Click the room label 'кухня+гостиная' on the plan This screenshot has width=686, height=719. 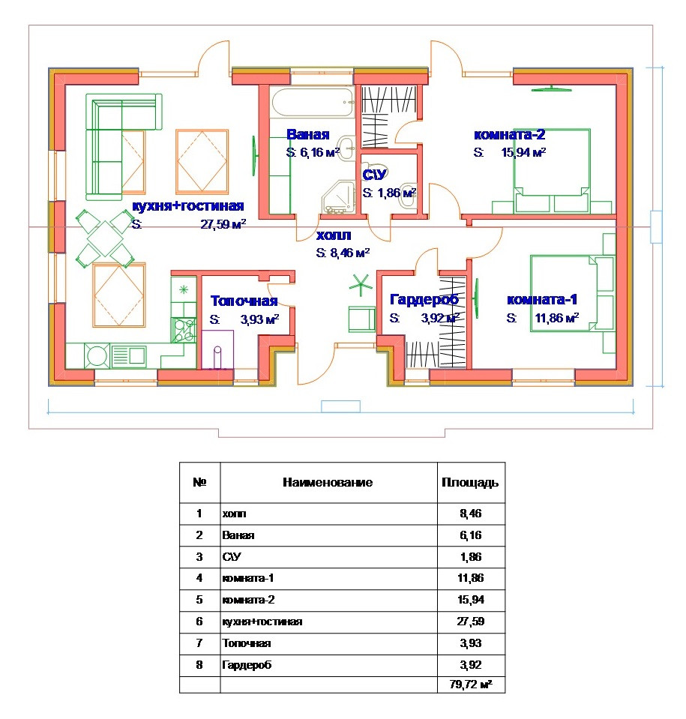pos(188,206)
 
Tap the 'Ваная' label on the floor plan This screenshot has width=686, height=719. pos(307,135)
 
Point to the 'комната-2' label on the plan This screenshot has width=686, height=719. pos(509,135)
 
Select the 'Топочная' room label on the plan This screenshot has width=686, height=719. pos(244,301)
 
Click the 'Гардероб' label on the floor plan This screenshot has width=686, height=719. pos(424,300)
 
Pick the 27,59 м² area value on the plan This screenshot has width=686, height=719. pos(223,224)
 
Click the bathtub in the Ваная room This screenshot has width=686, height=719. pos(312,102)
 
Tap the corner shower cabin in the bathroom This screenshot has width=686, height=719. pos(340,197)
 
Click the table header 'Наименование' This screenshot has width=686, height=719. pos(328,483)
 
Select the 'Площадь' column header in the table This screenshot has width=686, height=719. pos(471,483)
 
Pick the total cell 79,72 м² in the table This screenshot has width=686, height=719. pos(471,685)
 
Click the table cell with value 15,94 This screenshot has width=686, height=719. pos(471,600)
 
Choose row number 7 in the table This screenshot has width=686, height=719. pos(199,643)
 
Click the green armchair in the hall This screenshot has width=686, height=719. pos(361,318)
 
